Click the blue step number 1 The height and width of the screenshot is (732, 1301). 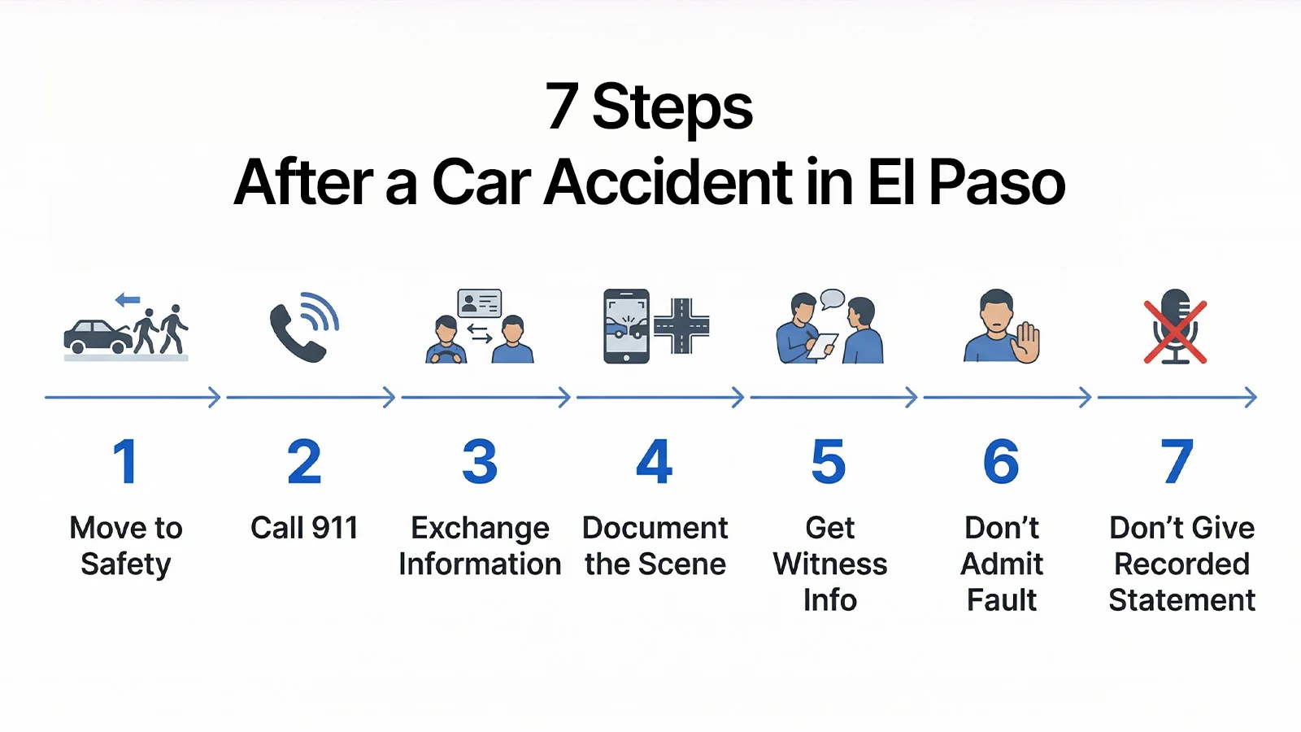point(125,461)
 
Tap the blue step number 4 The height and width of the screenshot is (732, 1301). point(655,461)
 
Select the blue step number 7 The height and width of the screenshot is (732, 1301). point(1177,461)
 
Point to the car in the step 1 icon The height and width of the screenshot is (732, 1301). point(97,336)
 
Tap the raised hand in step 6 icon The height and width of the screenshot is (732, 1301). point(1026,342)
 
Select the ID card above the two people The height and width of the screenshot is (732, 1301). point(480,303)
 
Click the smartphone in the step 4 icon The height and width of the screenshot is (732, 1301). point(626,326)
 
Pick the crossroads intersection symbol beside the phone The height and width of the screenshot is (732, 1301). point(681,326)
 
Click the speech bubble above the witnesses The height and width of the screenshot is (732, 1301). point(832,298)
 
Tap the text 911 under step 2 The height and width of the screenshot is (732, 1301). point(334,528)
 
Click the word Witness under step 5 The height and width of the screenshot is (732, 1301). point(830,564)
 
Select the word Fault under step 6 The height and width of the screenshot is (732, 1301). point(1002,600)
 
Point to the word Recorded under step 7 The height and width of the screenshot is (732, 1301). point(1181,564)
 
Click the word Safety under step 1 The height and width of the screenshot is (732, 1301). point(126,564)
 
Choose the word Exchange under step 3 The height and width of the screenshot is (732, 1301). point(480,528)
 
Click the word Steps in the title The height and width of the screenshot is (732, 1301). point(672,108)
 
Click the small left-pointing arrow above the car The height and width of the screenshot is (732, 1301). point(128,300)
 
